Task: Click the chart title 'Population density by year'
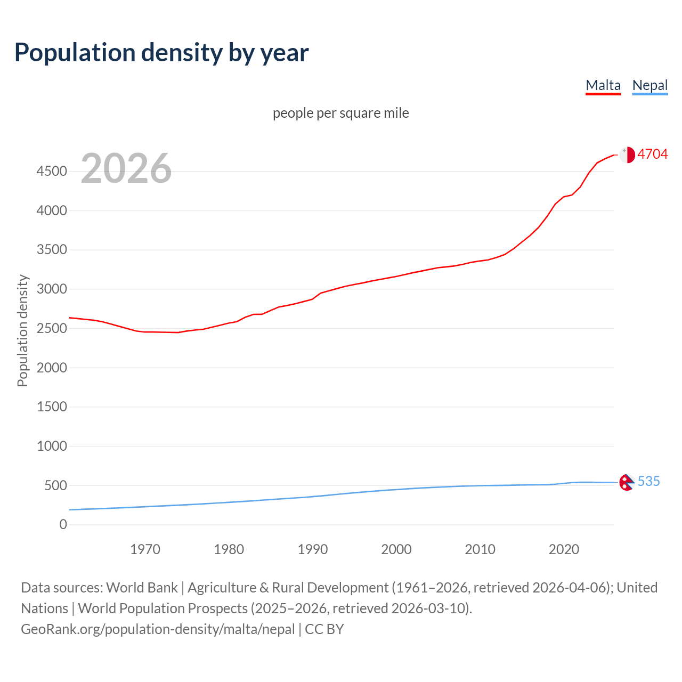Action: (161, 53)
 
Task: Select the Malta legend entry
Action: (603, 85)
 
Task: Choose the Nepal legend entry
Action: (649, 85)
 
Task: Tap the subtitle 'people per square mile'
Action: (341, 113)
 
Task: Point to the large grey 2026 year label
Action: (126, 168)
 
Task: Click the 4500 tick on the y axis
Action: (52, 171)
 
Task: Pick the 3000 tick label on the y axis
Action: (52, 289)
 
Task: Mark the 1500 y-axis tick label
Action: (52, 407)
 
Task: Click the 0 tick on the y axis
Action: (63, 525)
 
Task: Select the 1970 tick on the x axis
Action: (145, 549)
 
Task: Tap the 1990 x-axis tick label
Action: (313, 549)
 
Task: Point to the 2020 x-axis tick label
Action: (564, 549)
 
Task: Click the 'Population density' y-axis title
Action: (22, 330)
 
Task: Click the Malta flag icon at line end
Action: (627, 155)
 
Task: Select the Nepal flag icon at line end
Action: (626, 482)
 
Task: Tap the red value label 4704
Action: (652, 154)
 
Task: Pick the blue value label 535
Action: (648, 481)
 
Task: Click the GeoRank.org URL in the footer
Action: (158, 629)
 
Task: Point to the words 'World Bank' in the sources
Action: (142, 588)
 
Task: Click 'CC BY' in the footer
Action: (324, 629)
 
